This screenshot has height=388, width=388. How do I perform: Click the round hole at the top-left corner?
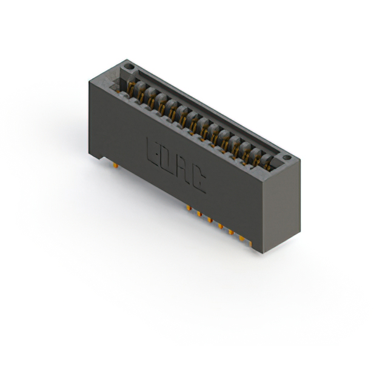click(x=129, y=67)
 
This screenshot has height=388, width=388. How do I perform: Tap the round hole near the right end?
click(x=287, y=158)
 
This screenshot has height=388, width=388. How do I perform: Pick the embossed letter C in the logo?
click(x=199, y=181)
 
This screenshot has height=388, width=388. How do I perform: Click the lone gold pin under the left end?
click(x=115, y=166)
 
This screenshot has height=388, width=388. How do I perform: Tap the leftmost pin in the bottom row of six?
click(x=189, y=208)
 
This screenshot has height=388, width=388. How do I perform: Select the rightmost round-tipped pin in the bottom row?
click(x=241, y=238)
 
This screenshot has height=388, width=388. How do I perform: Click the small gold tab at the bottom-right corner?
click(x=250, y=244)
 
